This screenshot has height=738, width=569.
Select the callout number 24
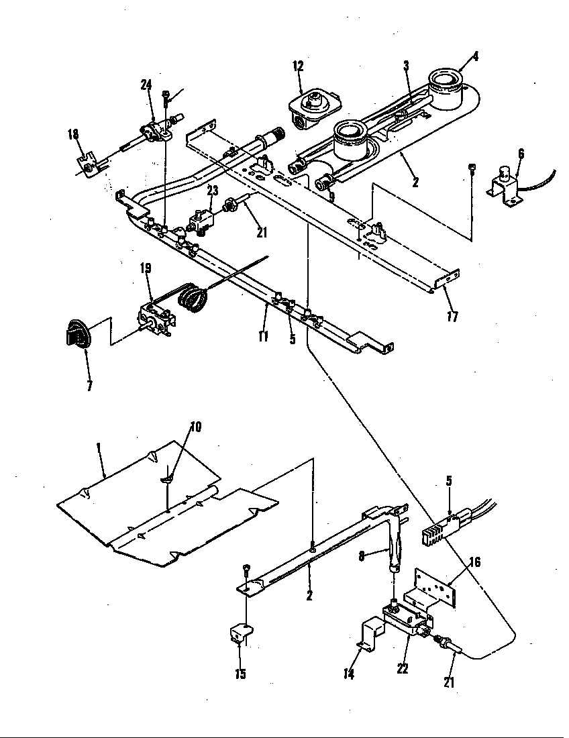click(146, 85)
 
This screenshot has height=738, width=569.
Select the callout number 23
click(212, 191)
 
